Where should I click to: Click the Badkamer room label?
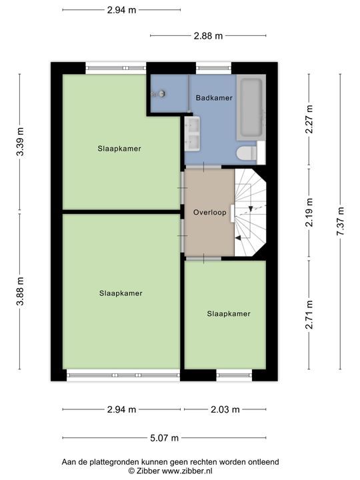[x=214, y=98]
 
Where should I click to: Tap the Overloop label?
[x=210, y=212]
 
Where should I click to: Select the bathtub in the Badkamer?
[x=251, y=108]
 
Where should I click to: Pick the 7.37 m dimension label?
[x=340, y=221]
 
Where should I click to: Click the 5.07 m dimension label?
[x=165, y=438]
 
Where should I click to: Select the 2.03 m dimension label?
[x=225, y=409]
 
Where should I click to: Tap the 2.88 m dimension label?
[x=208, y=36]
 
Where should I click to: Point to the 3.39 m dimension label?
[x=20, y=142]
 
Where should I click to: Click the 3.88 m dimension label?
[x=20, y=291]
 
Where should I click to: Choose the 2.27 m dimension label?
[x=309, y=119]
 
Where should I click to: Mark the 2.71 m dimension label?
[x=309, y=315]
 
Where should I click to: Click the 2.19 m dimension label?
[x=309, y=213]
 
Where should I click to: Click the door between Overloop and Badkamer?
[x=203, y=167]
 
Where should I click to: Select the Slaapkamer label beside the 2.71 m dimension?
[x=229, y=314]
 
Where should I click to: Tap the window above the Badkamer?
[x=213, y=68]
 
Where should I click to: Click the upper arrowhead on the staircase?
[x=251, y=209]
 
